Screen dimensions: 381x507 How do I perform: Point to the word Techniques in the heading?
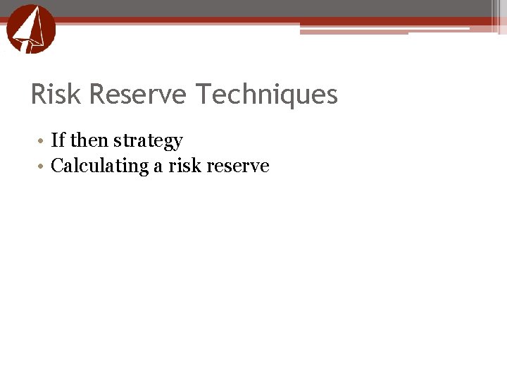coord(267,95)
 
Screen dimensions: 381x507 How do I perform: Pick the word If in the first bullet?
coord(58,140)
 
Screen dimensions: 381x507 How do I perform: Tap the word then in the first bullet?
coord(89,140)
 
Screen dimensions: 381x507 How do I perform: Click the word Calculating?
coord(100,167)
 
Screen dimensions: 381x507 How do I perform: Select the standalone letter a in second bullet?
coord(158,167)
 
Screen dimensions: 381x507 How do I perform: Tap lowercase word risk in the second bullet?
coord(183,166)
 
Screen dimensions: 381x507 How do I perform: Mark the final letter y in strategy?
coord(177,143)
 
